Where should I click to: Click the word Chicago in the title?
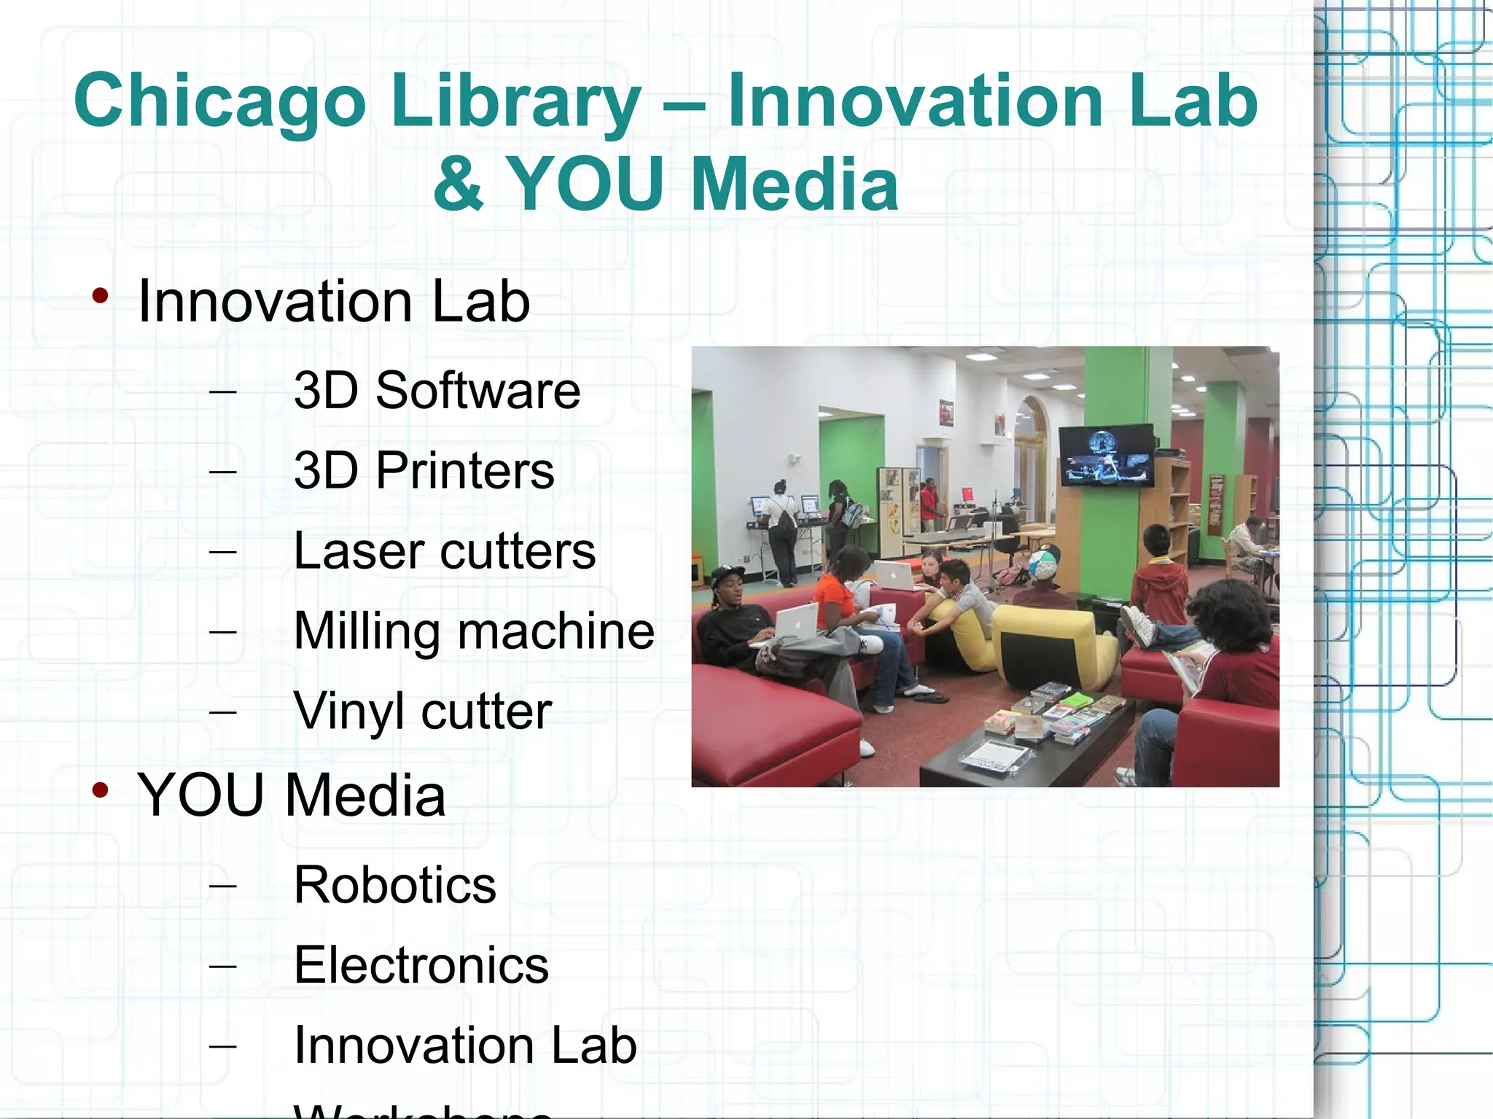[x=219, y=102]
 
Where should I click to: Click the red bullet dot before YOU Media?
[x=101, y=790]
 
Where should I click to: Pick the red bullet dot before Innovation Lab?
[x=101, y=296]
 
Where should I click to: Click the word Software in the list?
[x=477, y=391]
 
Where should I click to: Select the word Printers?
[x=464, y=471]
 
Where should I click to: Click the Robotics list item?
[x=394, y=886]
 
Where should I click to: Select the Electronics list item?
[x=421, y=966]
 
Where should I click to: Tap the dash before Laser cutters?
[x=222, y=552]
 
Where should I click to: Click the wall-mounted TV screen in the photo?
[x=1106, y=456]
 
